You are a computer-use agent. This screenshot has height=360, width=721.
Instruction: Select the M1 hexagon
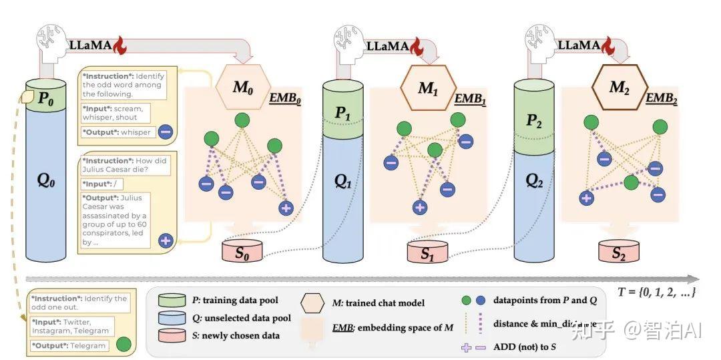point(427,87)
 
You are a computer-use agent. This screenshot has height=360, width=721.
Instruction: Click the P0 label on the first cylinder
point(45,99)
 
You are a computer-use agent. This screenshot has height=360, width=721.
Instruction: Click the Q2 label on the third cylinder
point(534,180)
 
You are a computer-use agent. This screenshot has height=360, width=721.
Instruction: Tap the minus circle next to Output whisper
point(166,132)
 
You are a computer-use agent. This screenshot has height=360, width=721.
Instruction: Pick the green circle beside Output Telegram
point(123,345)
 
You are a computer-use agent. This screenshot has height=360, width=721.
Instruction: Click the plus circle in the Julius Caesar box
point(165,240)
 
